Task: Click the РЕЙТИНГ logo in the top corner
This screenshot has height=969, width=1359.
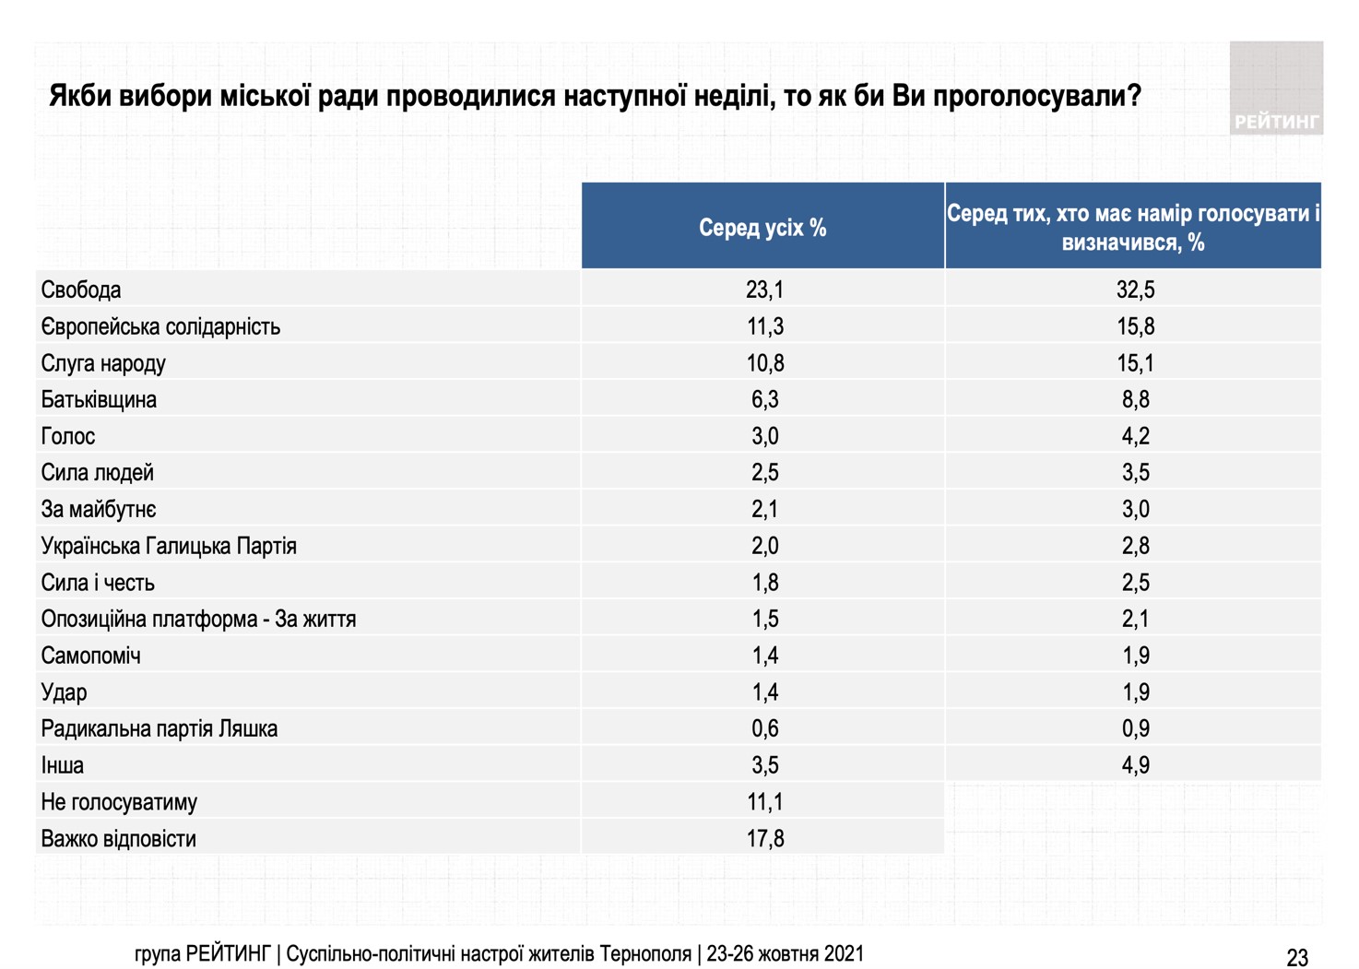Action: [x=1277, y=88]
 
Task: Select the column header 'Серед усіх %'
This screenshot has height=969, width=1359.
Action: [x=762, y=228]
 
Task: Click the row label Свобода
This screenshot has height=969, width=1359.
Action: [x=81, y=290]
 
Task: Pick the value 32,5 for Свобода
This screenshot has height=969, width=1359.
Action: [x=1135, y=290]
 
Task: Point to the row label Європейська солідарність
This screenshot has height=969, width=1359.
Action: [x=160, y=326]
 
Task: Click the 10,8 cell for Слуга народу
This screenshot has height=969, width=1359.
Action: [x=765, y=363]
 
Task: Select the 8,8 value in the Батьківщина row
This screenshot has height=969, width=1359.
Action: [x=1135, y=399]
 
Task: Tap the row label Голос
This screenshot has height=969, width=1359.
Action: [x=68, y=436]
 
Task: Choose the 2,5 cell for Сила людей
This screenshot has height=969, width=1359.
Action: [x=765, y=472]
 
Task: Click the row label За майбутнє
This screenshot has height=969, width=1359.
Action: [x=99, y=509]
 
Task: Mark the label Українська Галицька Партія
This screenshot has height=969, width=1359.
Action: [x=169, y=546]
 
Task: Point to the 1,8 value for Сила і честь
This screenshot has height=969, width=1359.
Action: [x=765, y=582]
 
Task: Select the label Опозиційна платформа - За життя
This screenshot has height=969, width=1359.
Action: [x=198, y=619]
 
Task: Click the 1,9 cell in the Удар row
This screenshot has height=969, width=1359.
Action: [x=1135, y=691]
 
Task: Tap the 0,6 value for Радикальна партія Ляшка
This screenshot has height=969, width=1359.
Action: [x=765, y=728]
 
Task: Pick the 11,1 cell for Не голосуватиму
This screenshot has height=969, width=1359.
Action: [x=765, y=801]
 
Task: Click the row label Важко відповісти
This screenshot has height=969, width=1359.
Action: [x=118, y=839]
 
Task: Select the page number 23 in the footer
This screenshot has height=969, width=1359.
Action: [x=1297, y=958]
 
